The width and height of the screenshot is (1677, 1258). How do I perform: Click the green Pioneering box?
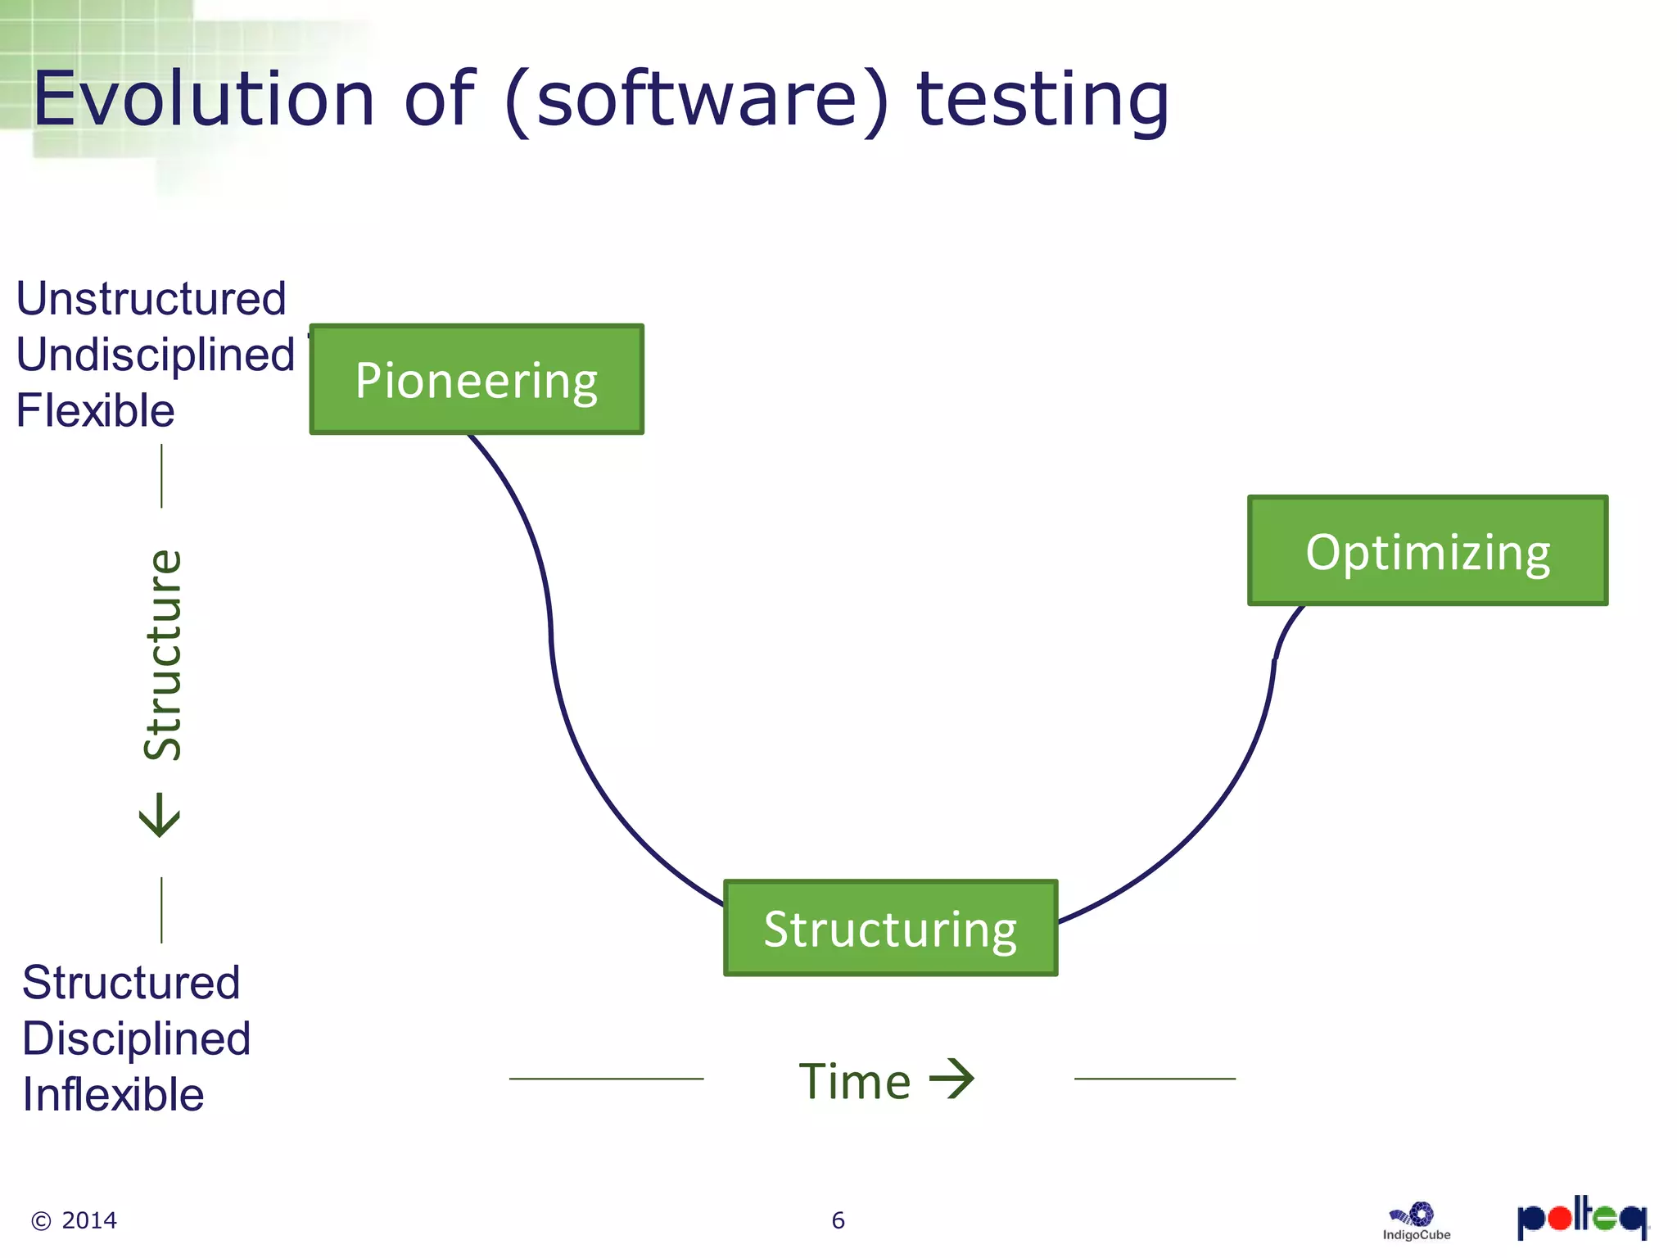click(x=477, y=379)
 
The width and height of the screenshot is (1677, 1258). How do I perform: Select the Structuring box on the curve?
click(x=890, y=928)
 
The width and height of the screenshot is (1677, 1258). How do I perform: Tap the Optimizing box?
click(x=1427, y=551)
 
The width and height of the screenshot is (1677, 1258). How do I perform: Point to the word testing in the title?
click(x=1042, y=100)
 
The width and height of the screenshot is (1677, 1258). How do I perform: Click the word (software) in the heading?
click(x=696, y=100)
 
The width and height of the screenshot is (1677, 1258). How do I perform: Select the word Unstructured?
click(x=151, y=298)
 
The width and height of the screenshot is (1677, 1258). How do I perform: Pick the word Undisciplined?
click(x=156, y=355)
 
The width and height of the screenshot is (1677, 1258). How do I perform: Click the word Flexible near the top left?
click(x=95, y=410)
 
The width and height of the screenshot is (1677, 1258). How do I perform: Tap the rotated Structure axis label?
click(x=163, y=654)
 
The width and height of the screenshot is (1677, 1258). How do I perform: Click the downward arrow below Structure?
click(x=160, y=814)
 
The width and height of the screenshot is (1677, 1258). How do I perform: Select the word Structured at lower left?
click(x=131, y=982)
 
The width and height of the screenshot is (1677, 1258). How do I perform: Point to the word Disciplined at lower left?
click(x=136, y=1039)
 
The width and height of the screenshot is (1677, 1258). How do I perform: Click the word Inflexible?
click(x=113, y=1094)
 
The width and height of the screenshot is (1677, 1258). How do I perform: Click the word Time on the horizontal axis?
click(x=854, y=1081)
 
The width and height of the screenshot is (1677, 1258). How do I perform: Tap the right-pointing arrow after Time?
click(x=952, y=1079)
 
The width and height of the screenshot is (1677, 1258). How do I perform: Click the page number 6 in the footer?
click(x=838, y=1220)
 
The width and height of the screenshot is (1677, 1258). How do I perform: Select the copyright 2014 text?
click(x=75, y=1220)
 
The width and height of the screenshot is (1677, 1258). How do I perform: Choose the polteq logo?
click(x=1582, y=1218)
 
